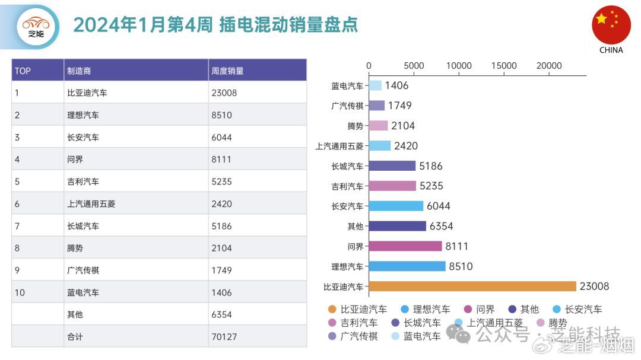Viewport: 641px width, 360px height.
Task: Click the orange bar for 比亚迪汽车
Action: click(x=472, y=286)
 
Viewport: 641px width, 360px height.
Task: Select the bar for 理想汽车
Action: click(x=407, y=266)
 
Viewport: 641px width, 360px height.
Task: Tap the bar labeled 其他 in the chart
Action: click(x=397, y=226)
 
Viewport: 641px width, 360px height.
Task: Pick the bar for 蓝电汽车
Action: click(x=375, y=85)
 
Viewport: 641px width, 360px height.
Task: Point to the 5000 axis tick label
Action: click(x=414, y=66)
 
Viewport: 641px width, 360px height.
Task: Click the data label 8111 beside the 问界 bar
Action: click(x=458, y=246)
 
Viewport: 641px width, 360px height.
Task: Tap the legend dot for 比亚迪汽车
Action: click(x=332, y=310)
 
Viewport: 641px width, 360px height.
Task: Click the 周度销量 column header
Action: click(x=227, y=71)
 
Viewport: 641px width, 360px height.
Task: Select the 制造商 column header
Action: click(x=79, y=71)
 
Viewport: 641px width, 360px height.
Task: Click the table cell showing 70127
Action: click(x=224, y=337)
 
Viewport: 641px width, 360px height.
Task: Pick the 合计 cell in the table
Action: click(x=75, y=337)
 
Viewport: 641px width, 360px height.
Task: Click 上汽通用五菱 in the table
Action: click(x=91, y=203)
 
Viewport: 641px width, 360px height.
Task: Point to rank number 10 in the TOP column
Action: click(x=20, y=292)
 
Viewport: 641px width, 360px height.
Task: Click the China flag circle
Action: click(x=611, y=25)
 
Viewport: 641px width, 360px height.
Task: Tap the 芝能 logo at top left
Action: click(x=36, y=26)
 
